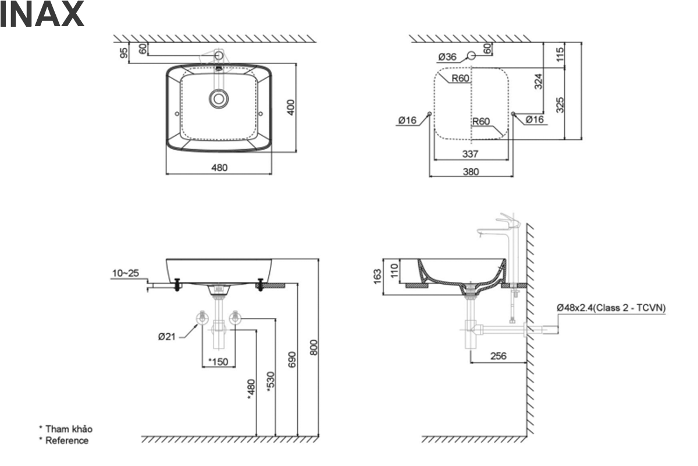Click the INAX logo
pyautogui.click(x=42, y=16)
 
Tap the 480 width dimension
pyautogui.click(x=219, y=168)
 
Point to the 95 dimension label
pyautogui.click(x=124, y=53)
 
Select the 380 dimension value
pyautogui.click(x=471, y=172)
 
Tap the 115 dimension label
pyautogui.click(x=560, y=55)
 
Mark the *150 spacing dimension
pyautogui.click(x=218, y=362)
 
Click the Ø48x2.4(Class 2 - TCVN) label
pyautogui.click(x=611, y=307)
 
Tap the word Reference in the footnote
pyautogui.click(x=67, y=440)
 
